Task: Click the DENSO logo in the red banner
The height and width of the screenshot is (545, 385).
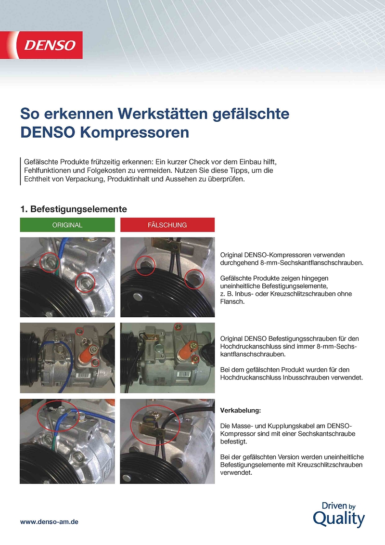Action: (x=50, y=46)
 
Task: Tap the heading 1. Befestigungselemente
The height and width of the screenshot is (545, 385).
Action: (x=74, y=209)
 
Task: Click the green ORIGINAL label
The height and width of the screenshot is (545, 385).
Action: (x=67, y=225)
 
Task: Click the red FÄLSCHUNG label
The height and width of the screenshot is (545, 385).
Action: (x=167, y=225)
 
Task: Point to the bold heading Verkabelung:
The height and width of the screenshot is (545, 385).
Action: (x=240, y=411)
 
